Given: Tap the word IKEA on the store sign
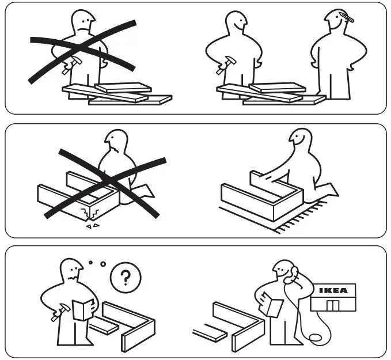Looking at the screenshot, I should [x=333, y=291].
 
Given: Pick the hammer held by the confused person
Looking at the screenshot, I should [x=57, y=314].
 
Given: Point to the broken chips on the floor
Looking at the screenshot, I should [x=92, y=226].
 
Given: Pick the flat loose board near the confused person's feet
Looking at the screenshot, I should [x=104, y=326].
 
